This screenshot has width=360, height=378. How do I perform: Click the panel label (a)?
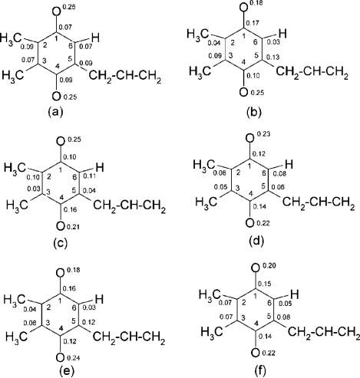[x=55, y=111]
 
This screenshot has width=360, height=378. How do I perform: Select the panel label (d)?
[x=256, y=240]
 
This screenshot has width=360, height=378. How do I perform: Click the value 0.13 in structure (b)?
[x=272, y=57]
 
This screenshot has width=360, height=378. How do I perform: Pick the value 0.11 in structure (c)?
[x=89, y=175]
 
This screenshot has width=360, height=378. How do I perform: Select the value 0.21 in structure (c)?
[x=73, y=226]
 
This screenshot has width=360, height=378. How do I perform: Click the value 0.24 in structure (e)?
[x=74, y=358]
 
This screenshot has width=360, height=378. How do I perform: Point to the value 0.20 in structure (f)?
[x=269, y=266]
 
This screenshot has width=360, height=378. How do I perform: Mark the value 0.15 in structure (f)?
[x=264, y=284]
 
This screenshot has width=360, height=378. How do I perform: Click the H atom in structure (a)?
[x=95, y=38]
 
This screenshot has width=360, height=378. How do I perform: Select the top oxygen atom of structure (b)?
[x=244, y=7]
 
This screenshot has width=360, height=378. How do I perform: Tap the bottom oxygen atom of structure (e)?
[x=60, y=357]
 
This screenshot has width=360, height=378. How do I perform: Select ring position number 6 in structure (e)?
[x=74, y=308]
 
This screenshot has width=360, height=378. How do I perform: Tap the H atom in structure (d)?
[x=289, y=165]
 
